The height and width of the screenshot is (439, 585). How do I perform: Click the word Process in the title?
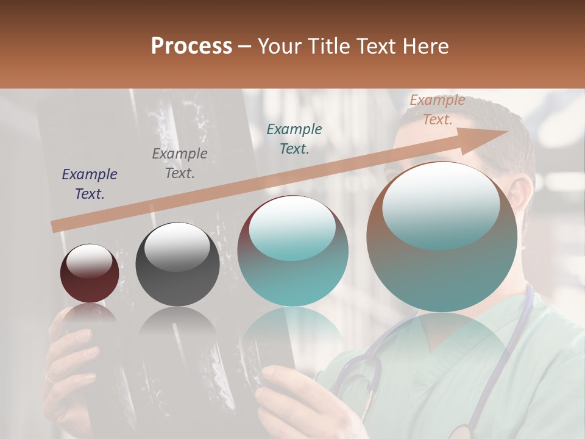(191, 46)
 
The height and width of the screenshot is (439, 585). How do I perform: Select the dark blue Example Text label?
(90, 184)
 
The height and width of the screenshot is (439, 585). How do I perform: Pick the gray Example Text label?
(180, 163)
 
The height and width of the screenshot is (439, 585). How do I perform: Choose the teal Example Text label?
(294, 138)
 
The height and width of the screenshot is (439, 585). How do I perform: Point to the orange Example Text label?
(437, 110)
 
